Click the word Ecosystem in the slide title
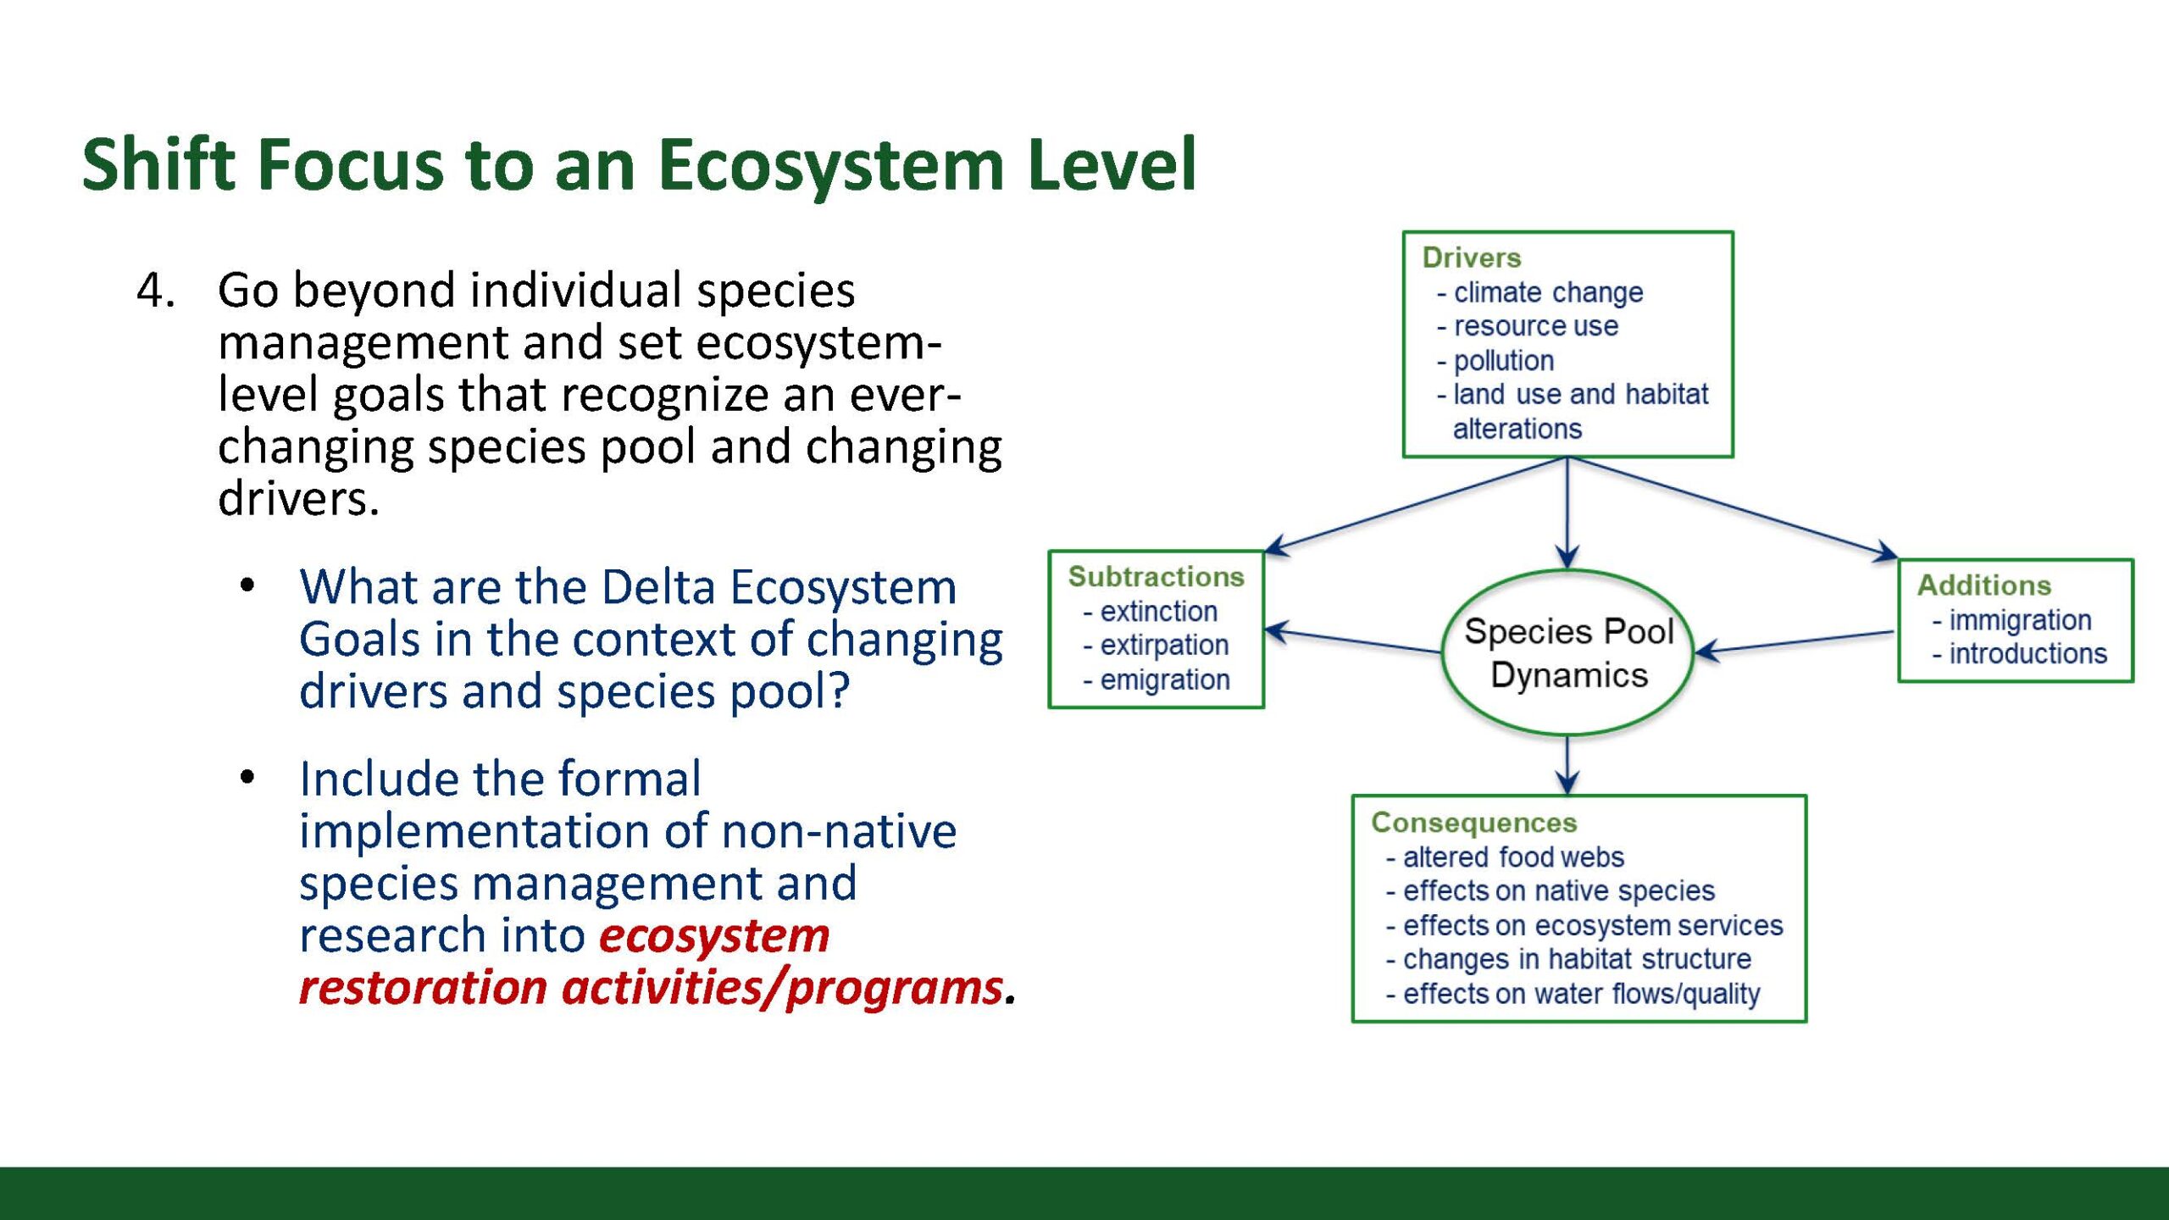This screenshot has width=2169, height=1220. tap(831, 166)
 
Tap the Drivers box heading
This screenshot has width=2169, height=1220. tap(1472, 258)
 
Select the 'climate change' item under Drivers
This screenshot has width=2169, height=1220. tap(1540, 292)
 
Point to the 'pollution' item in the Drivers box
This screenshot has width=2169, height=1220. tap(1495, 361)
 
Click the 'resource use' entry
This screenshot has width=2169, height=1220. tap(1528, 326)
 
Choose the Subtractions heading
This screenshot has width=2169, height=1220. tap(1156, 577)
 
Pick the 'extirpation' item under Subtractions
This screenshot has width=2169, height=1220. tap(1156, 646)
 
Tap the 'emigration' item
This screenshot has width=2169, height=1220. tap(1157, 679)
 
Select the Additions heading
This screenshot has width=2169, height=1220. tap(1984, 585)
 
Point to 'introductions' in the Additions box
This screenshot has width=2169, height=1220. tap(2019, 654)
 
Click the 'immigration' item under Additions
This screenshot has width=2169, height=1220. tap(2011, 620)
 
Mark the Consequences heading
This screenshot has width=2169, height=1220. tap(1474, 823)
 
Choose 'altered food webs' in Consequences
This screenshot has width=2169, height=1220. tap(1505, 857)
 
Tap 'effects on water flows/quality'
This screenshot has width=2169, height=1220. tap(1573, 994)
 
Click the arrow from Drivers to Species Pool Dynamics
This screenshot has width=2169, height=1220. tap(1567, 513)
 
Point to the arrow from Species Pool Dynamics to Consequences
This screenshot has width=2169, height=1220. tap(1567, 765)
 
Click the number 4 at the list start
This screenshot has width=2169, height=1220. tap(156, 291)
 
